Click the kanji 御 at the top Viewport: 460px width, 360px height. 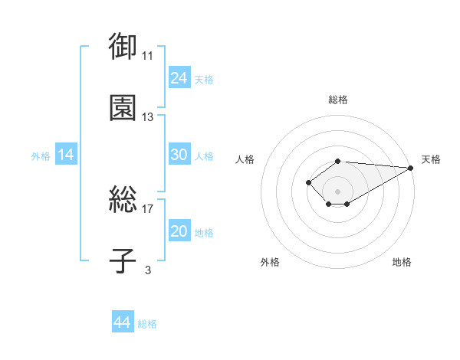tap(123, 46)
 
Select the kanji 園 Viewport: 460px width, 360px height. tap(123, 107)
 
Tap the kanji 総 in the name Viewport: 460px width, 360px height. tap(123, 199)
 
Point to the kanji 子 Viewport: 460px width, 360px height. tap(123, 260)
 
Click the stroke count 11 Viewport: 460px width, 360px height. tap(147, 56)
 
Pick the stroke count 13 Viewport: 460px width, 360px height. tap(147, 117)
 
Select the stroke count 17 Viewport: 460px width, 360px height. tap(147, 209)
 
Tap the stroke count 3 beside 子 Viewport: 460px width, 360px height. tap(148, 270)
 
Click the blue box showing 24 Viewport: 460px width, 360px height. tap(179, 77)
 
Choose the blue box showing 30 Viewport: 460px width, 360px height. tap(179, 154)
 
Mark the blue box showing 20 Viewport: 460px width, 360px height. tap(179, 230)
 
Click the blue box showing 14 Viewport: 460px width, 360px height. tap(66, 154)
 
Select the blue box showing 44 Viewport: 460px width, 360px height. tap(123, 321)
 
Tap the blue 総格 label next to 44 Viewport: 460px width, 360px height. tap(147, 324)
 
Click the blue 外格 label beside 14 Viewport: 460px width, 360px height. tap(41, 156)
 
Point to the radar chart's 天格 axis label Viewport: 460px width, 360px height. tap(431, 159)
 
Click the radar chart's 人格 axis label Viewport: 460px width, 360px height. tap(245, 159)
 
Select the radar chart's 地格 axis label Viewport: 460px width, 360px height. tap(402, 262)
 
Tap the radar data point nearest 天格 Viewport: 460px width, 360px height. tap(411, 168)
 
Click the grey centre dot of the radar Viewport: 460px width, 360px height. tap(337, 191)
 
